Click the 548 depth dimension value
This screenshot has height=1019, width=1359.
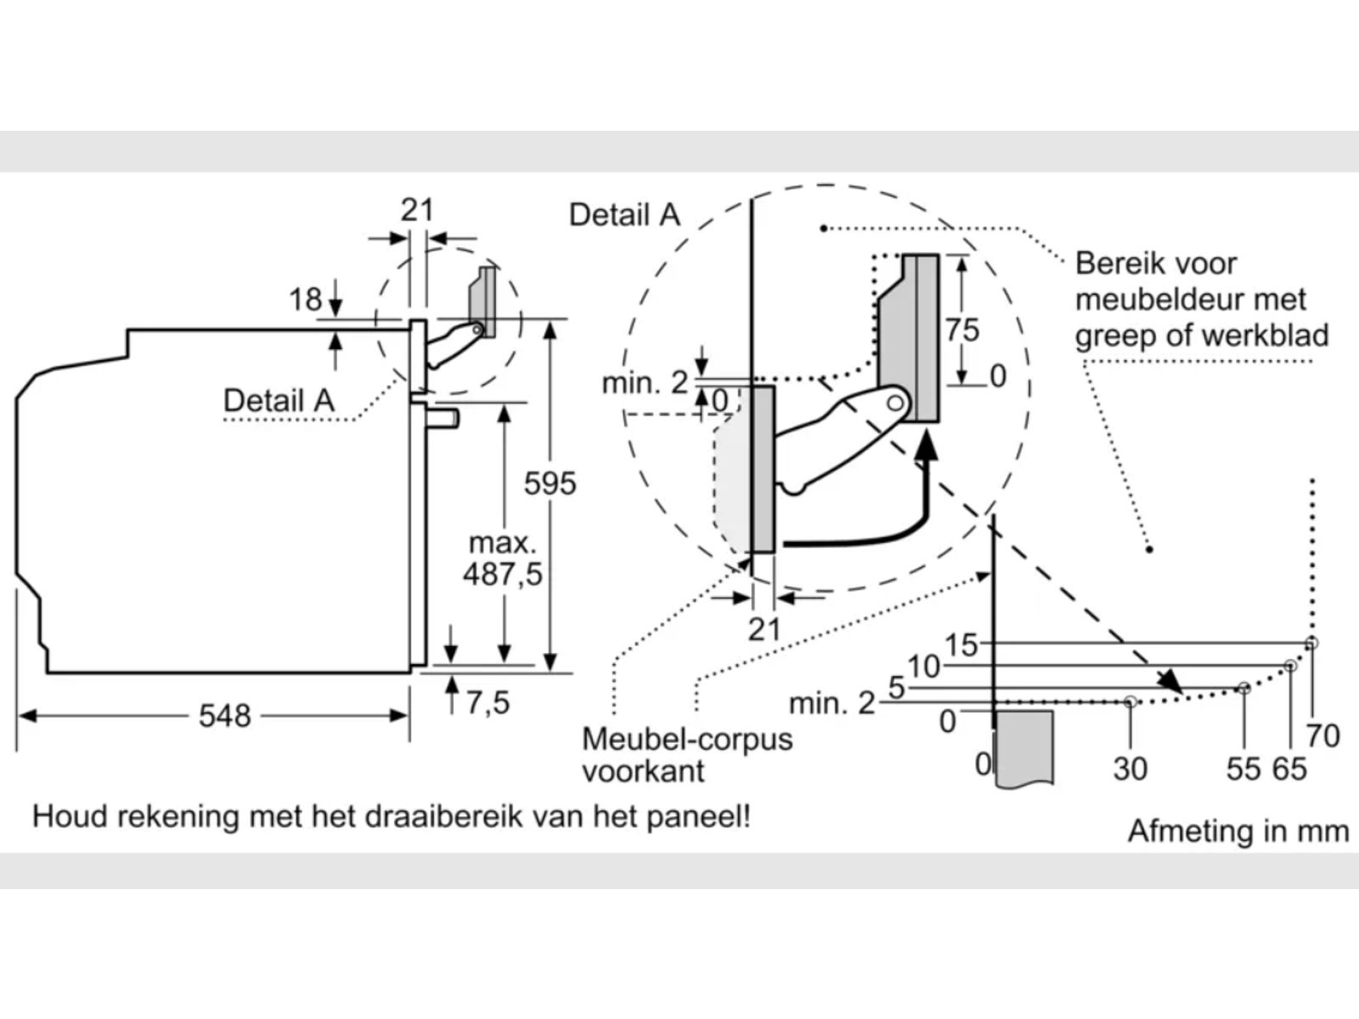click(x=225, y=716)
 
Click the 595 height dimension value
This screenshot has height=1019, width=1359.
click(x=550, y=483)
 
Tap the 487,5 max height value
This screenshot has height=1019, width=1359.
click(x=502, y=574)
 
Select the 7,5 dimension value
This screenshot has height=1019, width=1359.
click(x=488, y=703)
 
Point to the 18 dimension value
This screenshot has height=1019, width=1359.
click(x=305, y=300)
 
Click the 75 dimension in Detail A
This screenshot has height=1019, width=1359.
click(x=962, y=329)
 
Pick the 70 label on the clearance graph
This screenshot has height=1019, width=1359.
click(x=1323, y=736)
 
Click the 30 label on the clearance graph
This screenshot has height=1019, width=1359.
click(x=1131, y=769)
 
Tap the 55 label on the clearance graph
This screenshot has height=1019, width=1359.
click(x=1243, y=769)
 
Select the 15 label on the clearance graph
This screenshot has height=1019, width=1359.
click(x=961, y=645)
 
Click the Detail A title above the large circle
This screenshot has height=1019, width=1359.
click(x=624, y=216)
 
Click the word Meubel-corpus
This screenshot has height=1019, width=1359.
click(x=687, y=740)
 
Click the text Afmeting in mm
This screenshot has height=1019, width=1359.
click(x=1238, y=831)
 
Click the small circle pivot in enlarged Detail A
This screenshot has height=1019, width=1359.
click(x=895, y=403)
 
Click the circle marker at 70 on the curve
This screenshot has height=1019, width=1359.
click(x=1311, y=644)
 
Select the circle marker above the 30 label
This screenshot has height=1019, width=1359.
click(x=1131, y=702)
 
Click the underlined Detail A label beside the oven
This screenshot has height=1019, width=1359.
click(x=279, y=401)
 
